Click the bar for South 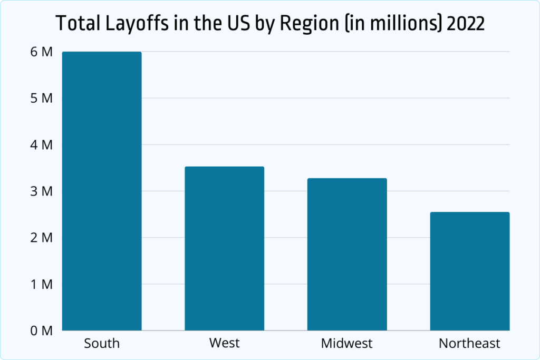click(102, 191)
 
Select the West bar click(224, 248)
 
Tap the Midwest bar click(347, 254)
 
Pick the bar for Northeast click(469, 271)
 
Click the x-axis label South click(102, 344)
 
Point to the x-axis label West click(224, 343)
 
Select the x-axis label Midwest click(347, 344)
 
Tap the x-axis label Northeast click(469, 344)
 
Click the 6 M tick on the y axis click(42, 52)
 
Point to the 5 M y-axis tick click(42, 98)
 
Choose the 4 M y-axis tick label click(42, 144)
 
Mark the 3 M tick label click(42, 191)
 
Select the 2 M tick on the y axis click(42, 238)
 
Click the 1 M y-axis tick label click(42, 284)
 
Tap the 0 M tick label click(42, 330)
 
